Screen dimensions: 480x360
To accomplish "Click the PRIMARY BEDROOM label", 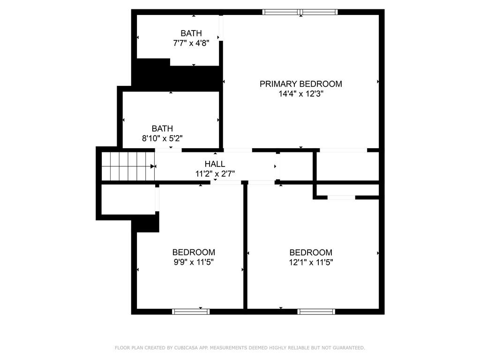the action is (301, 84).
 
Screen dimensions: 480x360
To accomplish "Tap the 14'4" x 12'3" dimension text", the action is (301, 94).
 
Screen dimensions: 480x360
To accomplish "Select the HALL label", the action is (215, 164).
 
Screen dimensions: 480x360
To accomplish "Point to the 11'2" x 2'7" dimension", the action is (215, 174).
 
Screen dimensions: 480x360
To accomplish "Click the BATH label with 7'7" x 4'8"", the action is (191, 33).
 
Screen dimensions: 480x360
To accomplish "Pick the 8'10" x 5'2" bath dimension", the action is (162, 138).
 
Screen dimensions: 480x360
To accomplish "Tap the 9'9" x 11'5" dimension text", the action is (194, 262).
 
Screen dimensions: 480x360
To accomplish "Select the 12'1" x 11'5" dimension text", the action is (311, 262).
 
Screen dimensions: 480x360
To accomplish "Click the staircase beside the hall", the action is (128, 166).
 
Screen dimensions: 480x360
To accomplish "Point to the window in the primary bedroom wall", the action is (300, 12).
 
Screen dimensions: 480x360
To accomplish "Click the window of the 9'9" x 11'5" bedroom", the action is (191, 312).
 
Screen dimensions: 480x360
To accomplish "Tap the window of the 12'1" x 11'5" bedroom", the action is (316, 312).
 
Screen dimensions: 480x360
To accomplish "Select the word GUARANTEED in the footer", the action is (349, 348).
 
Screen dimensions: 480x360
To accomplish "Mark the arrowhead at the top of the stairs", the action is (152, 166).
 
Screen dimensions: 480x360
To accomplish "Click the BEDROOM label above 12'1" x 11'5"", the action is (311, 253).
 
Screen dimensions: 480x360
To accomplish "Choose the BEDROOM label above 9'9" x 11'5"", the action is (194, 252).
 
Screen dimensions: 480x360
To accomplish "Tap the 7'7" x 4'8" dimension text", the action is (191, 43).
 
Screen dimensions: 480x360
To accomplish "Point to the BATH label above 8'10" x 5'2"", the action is (162, 128).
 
